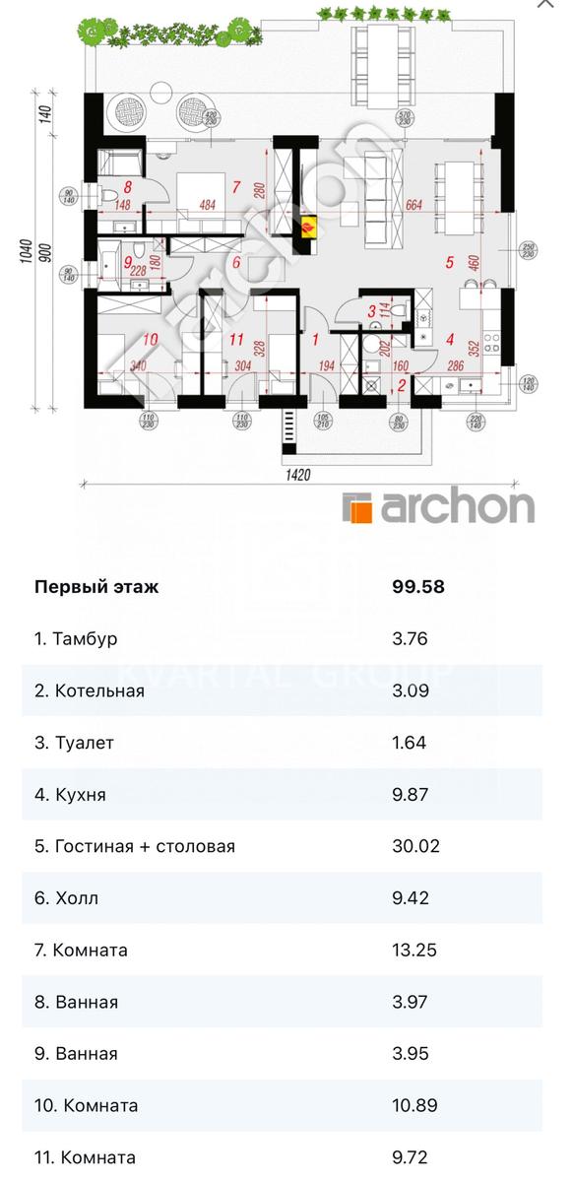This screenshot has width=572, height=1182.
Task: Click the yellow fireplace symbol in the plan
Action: [310, 229]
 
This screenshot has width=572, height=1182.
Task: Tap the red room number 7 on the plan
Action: [235, 185]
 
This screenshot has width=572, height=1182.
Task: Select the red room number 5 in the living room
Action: [449, 263]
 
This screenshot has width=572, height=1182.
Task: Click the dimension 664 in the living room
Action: [413, 205]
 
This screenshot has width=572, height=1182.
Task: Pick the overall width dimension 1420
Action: [299, 474]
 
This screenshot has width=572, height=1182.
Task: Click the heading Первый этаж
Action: [95, 587]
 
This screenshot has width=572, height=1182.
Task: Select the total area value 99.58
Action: [418, 587]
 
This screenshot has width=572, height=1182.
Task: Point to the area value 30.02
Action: [415, 846]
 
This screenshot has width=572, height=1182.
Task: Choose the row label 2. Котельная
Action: [90, 690]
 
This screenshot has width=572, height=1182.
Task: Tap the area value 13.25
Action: [414, 950]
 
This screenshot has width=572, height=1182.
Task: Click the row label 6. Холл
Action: [67, 898]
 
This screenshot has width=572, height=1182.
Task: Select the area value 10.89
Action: [414, 1105]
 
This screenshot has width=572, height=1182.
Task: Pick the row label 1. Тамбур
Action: [76, 639]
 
